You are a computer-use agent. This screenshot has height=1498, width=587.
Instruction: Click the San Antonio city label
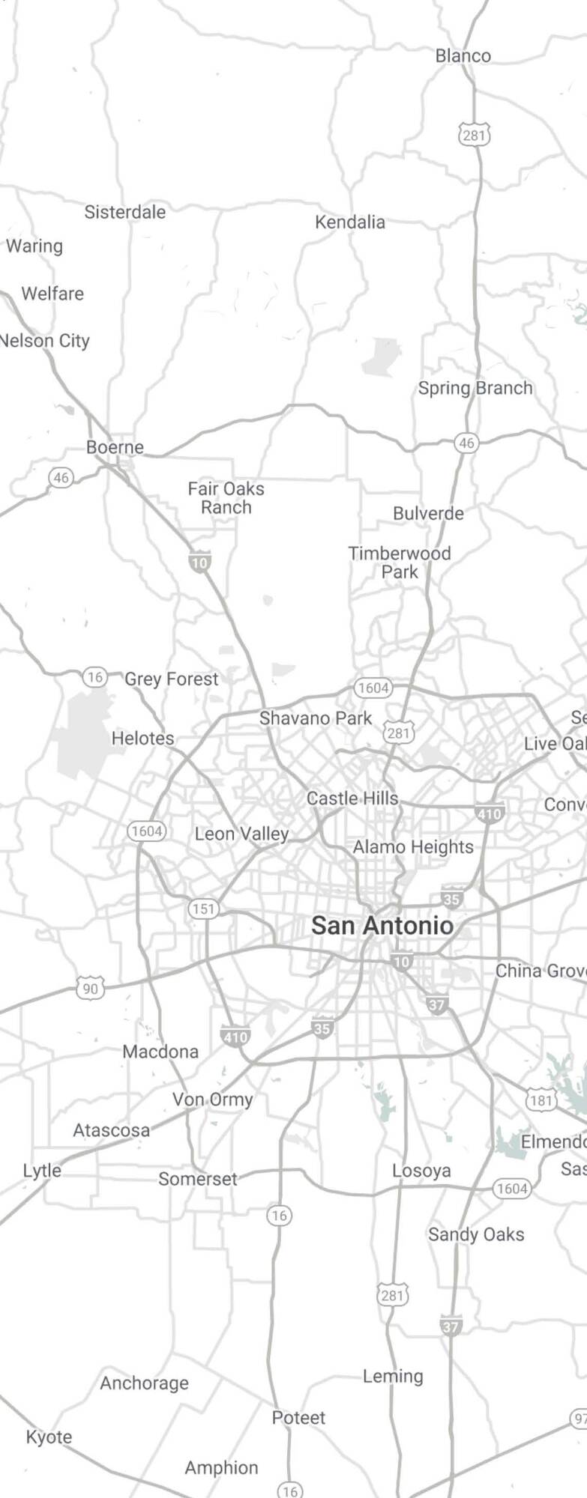point(382,925)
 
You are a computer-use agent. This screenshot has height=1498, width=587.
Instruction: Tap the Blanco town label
point(463,55)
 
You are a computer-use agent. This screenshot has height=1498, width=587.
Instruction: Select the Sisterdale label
point(125,212)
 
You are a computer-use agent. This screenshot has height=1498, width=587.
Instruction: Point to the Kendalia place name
point(350,222)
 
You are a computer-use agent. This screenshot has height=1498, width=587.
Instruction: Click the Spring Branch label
point(475,388)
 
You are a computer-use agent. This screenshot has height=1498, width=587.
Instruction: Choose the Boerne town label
point(115,447)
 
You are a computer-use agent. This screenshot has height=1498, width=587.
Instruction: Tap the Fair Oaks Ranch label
point(226,497)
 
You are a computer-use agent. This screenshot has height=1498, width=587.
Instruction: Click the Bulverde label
point(428,513)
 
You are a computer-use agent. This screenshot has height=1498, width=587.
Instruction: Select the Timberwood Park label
point(400,562)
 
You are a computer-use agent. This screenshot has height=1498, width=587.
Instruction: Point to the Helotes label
point(142,738)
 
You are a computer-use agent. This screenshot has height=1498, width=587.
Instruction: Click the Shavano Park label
point(316,718)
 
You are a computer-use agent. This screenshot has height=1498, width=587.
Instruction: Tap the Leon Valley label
point(241,834)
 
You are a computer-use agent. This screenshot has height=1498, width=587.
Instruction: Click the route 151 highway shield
point(203,909)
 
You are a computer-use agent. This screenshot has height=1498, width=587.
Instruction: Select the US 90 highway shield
point(90,989)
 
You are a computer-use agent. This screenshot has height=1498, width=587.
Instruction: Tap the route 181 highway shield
point(541,1100)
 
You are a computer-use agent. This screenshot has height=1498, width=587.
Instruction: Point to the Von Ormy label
point(213,1100)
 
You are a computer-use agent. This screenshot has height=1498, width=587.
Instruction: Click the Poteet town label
point(298,1417)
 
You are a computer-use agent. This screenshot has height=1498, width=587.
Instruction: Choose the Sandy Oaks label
point(476,1234)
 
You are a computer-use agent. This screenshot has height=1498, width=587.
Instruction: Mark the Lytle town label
point(42,1170)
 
